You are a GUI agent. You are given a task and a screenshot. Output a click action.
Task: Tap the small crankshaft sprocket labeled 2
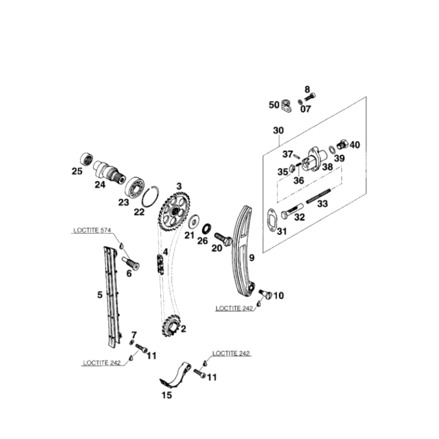[171, 325]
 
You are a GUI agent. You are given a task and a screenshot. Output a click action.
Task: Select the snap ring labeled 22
[150, 196]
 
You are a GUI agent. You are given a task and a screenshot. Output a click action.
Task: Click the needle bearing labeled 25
[87, 160]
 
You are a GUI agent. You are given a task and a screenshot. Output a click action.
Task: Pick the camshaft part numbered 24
[109, 171]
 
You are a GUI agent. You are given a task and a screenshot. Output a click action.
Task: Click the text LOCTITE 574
[92, 230]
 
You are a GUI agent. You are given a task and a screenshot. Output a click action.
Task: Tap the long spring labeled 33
[319, 196]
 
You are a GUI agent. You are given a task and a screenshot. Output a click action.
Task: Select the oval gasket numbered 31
[272, 220]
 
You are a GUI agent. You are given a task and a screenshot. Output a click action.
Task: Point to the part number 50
[274, 105]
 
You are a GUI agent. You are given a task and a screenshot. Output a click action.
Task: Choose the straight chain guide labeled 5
[112, 297]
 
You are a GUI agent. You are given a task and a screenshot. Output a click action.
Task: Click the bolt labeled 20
[223, 240]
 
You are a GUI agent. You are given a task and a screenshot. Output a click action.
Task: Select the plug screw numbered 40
[343, 144]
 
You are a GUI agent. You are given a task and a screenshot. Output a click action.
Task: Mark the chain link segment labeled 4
[160, 264]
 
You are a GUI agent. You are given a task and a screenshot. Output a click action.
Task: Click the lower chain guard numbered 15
[176, 375]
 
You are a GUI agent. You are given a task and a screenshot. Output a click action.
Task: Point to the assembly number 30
[278, 131]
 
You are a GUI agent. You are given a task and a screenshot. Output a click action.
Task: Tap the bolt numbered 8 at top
[309, 97]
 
